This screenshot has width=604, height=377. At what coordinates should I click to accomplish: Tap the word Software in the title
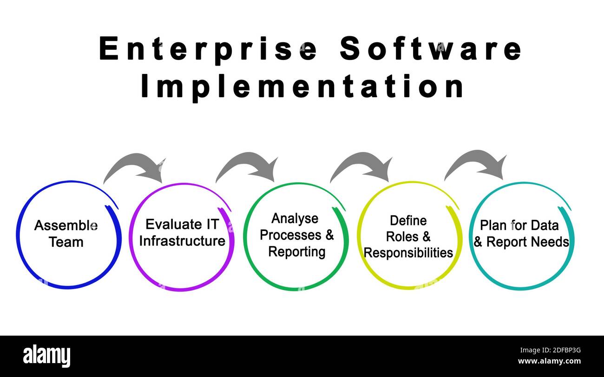tap(431, 49)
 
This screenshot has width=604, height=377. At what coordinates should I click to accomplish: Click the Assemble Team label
tap(66, 234)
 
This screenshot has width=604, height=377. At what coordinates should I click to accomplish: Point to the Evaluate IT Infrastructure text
tap(182, 232)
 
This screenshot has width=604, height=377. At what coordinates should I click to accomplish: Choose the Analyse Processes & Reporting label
tap(296, 235)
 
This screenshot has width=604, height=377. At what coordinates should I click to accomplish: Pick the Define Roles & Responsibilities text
tap(408, 236)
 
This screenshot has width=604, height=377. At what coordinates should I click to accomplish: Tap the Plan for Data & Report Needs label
tap(521, 234)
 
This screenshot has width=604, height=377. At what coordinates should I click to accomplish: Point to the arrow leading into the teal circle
tap(477, 165)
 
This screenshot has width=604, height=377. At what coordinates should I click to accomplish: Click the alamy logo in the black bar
tap(47, 356)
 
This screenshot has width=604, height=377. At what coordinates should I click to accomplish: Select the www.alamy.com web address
tap(549, 361)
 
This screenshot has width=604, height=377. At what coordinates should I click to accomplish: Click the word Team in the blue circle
tap(66, 242)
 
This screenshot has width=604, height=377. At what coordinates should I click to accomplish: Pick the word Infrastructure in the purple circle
tap(182, 241)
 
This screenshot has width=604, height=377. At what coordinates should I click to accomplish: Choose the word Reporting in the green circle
tap(296, 252)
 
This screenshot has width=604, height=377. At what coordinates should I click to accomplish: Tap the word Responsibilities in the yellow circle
tap(408, 253)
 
